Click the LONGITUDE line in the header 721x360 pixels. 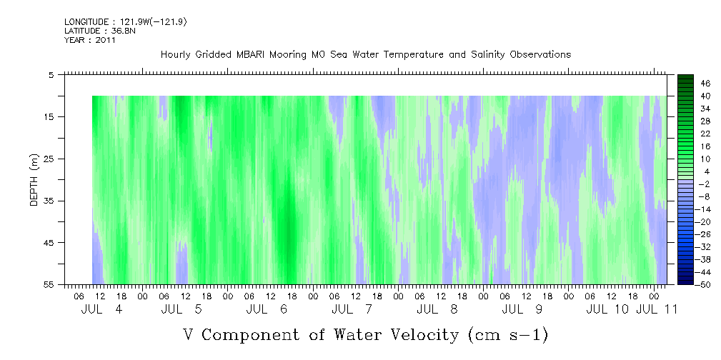(x=126, y=22)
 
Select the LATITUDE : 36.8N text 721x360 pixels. (x=100, y=31)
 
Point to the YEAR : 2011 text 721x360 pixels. (x=90, y=40)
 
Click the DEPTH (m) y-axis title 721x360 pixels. (x=34, y=180)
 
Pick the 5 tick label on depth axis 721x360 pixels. (x=51, y=75)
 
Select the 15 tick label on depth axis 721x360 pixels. (x=49, y=116)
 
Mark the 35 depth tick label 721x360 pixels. (x=49, y=201)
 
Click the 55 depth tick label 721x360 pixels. (x=49, y=284)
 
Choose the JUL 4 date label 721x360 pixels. (x=101, y=309)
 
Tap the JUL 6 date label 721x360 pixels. (x=267, y=309)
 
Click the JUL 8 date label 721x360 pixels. (x=437, y=309)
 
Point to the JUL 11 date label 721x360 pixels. (x=657, y=309)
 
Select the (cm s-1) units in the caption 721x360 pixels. (x=507, y=336)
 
